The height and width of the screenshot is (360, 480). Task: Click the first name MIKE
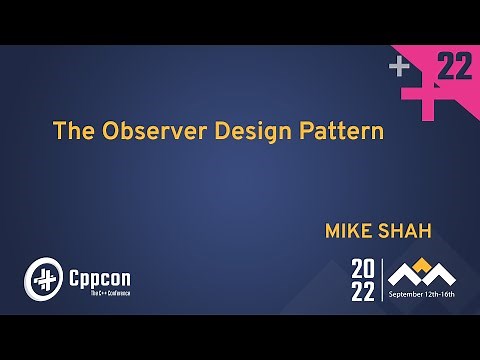click(348, 231)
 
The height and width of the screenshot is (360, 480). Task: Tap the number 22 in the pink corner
click(455, 67)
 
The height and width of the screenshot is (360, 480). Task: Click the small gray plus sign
click(400, 67)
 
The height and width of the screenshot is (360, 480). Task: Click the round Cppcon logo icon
click(43, 276)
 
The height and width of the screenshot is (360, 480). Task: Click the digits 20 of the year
click(363, 268)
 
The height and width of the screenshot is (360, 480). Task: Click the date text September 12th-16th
click(421, 295)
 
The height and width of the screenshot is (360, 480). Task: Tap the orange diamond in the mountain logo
click(421, 265)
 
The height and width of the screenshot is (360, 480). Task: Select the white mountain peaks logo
click(421, 273)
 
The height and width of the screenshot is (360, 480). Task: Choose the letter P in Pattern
click(295, 131)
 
